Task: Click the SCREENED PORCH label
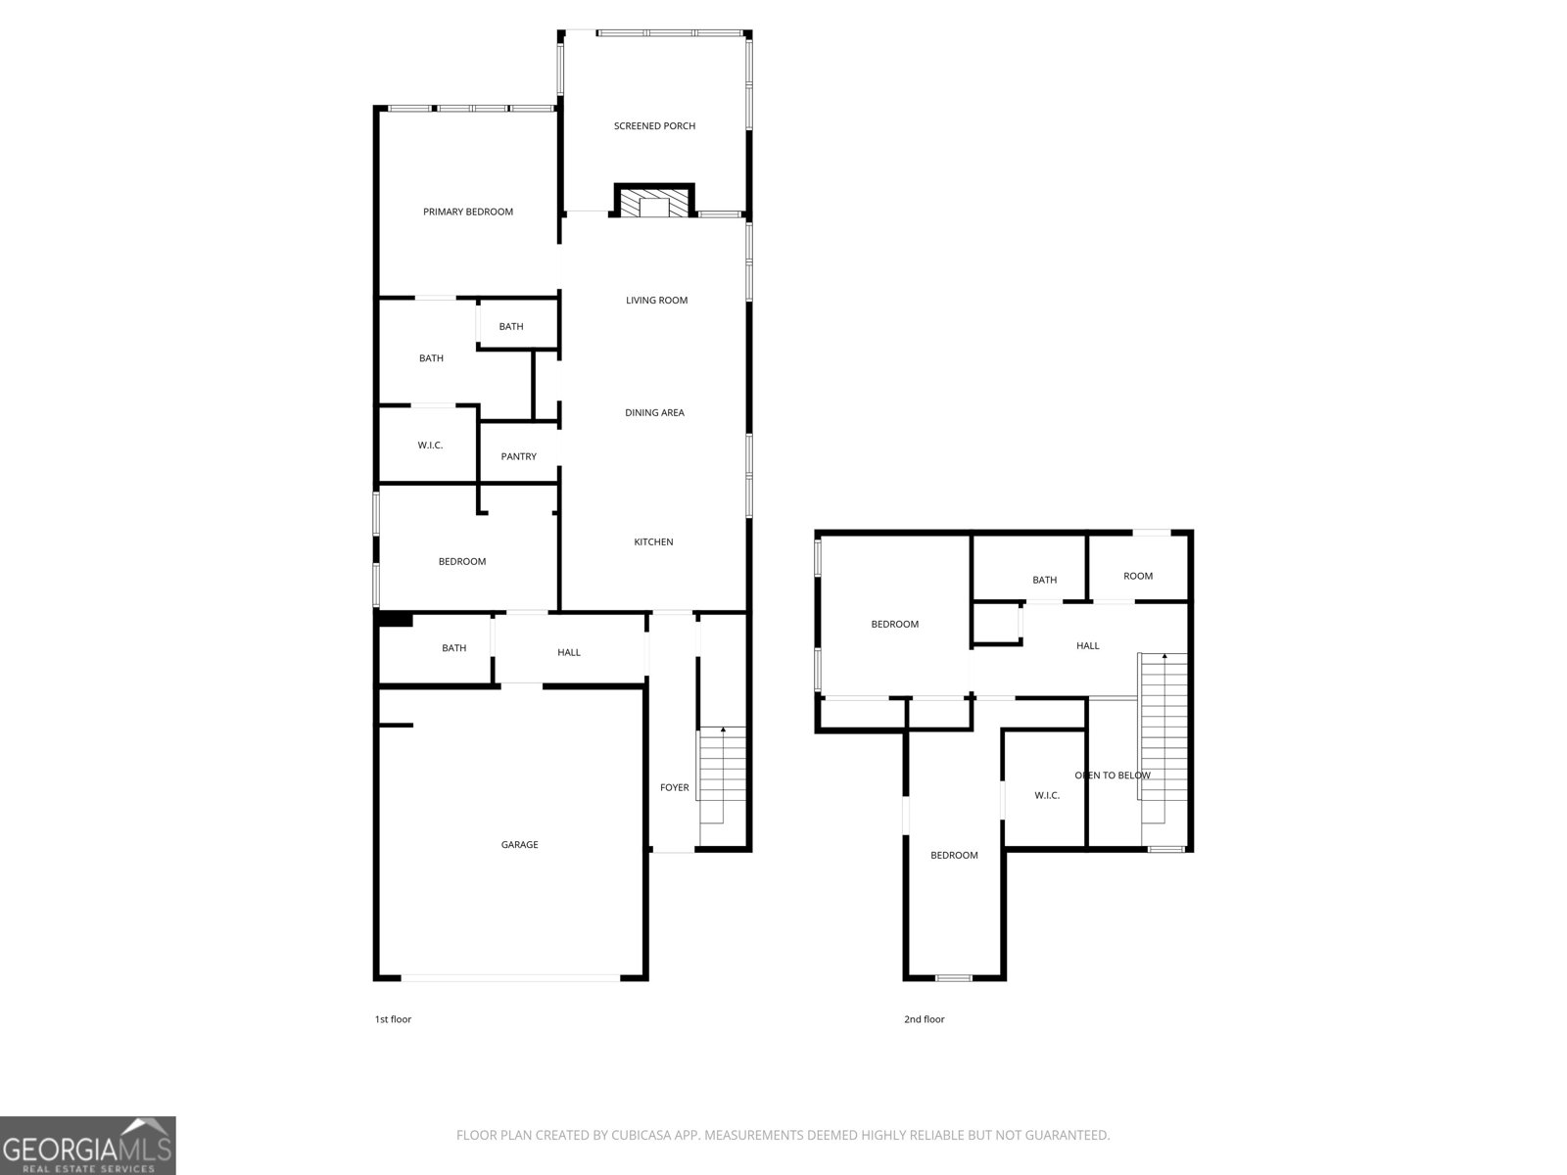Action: point(654,126)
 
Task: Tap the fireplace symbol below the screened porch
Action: point(654,201)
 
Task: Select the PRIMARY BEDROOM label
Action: point(467,211)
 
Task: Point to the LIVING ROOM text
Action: point(657,301)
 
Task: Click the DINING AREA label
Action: point(654,412)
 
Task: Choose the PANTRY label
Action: point(518,456)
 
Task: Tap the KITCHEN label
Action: point(653,542)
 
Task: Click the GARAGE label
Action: point(519,845)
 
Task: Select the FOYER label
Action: point(674,787)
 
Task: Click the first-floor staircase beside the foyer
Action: point(722,775)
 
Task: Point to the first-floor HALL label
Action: point(569,652)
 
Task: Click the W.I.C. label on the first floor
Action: point(430,446)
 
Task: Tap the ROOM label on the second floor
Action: point(1138,576)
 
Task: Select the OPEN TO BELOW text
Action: point(1113,775)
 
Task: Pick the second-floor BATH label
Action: point(1044,580)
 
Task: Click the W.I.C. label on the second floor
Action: point(1047,795)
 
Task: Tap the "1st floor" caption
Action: point(393,1019)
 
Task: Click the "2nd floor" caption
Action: point(924,1019)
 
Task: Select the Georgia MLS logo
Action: point(88,1146)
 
